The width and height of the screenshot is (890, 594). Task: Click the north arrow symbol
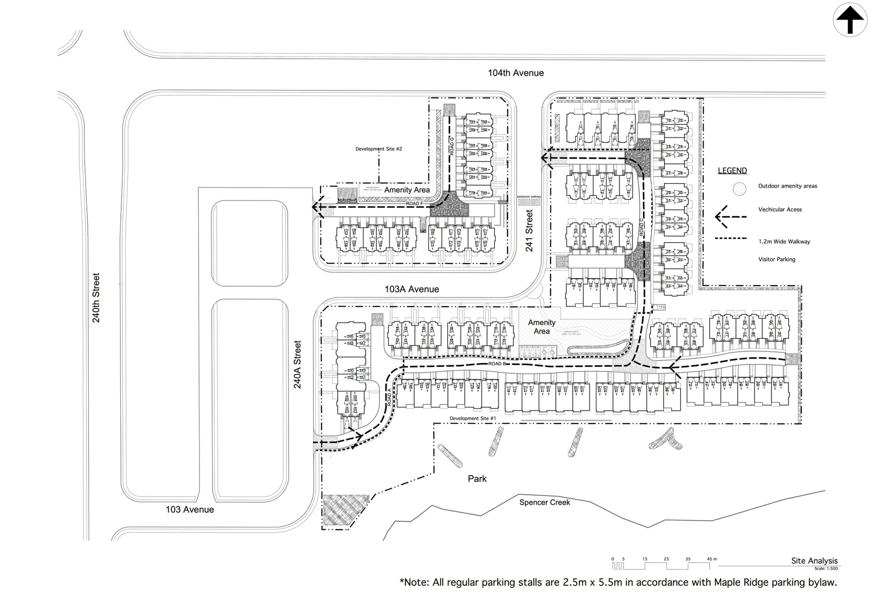[850, 20]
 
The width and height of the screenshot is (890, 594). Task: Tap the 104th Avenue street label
[515, 73]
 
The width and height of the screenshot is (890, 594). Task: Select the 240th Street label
[96, 297]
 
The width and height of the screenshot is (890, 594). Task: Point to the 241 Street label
[529, 230]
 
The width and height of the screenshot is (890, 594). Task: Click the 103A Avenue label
[412, 289]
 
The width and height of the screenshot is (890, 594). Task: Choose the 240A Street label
[297, 364]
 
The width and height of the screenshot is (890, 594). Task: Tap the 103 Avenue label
[189, 509]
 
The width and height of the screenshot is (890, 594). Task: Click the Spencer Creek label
[545, 502]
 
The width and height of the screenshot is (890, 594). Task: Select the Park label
[477, 478]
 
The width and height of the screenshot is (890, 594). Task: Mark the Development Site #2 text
[379, 149]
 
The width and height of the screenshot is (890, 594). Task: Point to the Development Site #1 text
[472, 418]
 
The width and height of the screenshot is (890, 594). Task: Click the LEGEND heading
[732, 171]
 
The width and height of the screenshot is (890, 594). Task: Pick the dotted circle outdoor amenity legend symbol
[739, 188]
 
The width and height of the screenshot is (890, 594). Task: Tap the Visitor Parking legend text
[777, 259]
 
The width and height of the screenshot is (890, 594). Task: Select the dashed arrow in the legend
[731, 217]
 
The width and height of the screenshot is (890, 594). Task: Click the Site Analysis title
[814, 561]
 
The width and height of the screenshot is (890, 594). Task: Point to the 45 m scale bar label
[712, 559]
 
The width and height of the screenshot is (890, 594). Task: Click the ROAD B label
[497, 364]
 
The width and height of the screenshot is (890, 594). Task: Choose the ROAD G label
[452, 146]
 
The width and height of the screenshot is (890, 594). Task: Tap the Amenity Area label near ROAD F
[407, 190]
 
